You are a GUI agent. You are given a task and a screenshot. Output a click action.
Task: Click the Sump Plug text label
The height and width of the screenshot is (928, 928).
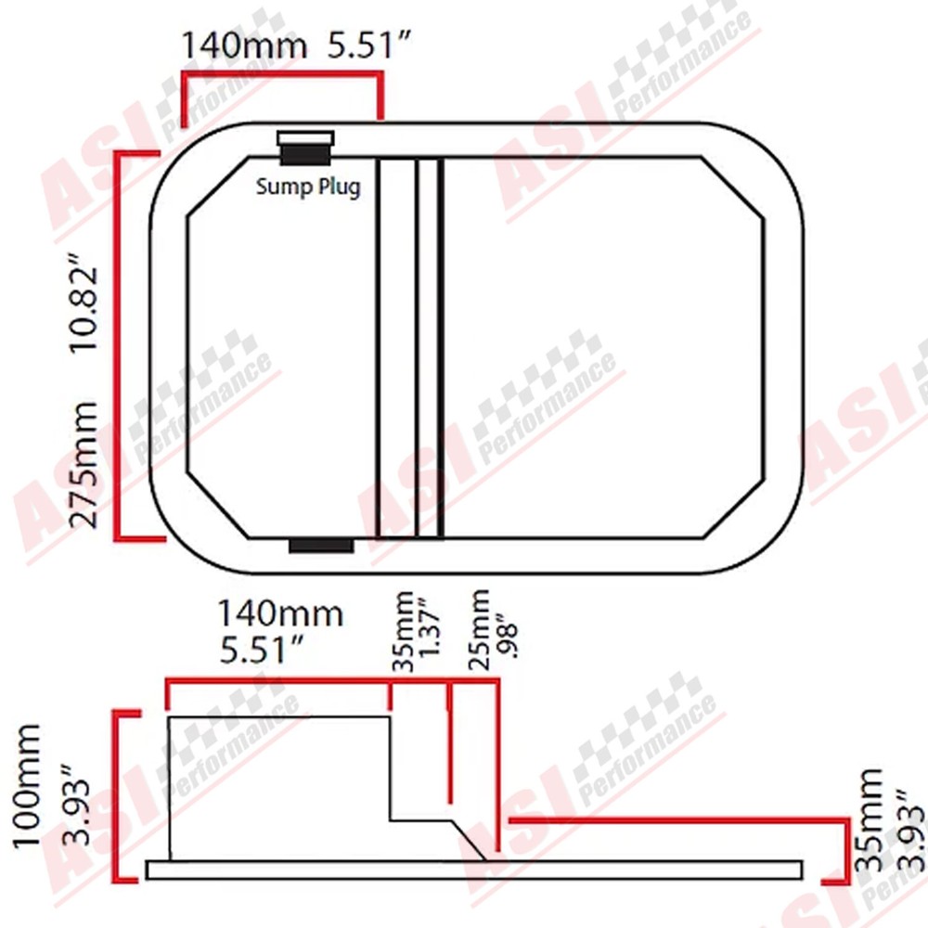308,187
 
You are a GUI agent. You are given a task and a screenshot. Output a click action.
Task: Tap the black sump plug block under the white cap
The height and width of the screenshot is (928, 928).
305,155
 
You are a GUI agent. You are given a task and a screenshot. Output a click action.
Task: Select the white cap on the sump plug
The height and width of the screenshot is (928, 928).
305,138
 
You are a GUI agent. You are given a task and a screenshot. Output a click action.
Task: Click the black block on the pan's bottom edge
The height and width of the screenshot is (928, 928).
321,546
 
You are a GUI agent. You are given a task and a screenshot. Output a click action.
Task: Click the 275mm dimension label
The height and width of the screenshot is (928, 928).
84,465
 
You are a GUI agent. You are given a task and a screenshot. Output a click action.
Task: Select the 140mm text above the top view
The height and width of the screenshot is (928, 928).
244,45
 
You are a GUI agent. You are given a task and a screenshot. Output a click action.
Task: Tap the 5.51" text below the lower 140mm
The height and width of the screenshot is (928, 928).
263,650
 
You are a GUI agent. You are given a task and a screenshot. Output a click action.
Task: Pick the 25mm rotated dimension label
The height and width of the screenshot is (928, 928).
479,629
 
